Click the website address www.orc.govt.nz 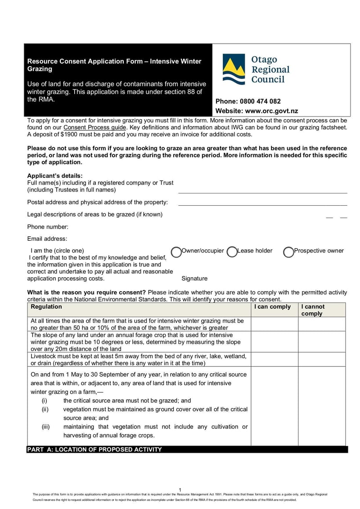point(271,111)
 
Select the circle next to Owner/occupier point(176,252)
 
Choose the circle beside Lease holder point(232,252)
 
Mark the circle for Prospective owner point(288,252)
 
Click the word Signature point(194,279)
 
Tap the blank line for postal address point(263,204)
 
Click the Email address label point(47,239)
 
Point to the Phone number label point(48,227)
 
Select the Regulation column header point(46,307)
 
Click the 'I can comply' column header point(272,307)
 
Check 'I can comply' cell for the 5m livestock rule point(274,360)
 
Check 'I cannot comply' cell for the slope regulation point(322,342)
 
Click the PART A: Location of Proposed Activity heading point(94,449)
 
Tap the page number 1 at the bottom point(180,490)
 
